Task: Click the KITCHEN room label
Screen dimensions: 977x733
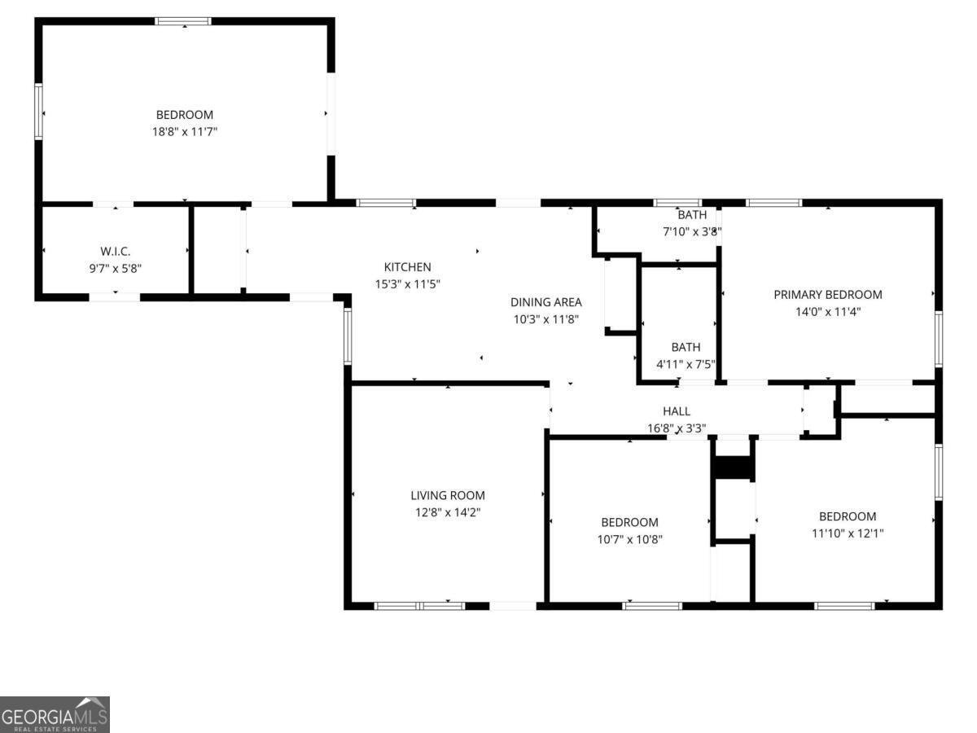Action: (407, 267)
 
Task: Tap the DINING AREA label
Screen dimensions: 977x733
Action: (546, 302)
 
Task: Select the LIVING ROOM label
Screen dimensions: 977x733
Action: (448, 495)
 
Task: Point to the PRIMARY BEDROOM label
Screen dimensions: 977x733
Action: (828, 295)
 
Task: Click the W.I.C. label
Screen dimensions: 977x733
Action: (116, 252)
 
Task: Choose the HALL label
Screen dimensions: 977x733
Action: (677, 411)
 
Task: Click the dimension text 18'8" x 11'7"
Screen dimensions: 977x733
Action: (185, 132)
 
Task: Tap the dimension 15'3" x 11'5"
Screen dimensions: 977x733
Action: (407, 284)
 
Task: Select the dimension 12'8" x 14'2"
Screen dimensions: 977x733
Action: (448, 512)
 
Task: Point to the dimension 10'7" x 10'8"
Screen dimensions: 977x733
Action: (630, 539)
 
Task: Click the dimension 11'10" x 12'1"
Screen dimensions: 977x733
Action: (848, 533)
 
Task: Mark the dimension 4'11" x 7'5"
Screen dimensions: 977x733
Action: (686, 365)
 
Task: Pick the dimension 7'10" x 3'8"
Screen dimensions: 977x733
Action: (692, 232)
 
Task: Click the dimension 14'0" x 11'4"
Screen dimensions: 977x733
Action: (828, 312)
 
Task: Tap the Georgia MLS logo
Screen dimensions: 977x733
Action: (55, 715)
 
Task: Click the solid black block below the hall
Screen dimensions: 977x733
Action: (733, 467)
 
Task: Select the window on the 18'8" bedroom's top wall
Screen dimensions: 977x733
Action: (183, 21)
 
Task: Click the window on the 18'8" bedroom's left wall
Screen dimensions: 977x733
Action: (39, 112)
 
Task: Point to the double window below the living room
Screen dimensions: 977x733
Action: (419, 606)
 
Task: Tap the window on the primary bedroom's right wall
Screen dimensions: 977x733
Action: (939, 339)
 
